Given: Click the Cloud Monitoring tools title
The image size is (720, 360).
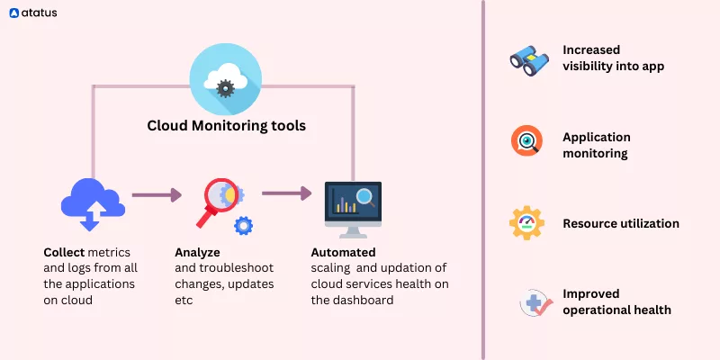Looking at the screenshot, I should click(x=226, y=126).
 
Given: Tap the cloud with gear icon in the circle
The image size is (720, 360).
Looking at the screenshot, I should click(x=226, y=80).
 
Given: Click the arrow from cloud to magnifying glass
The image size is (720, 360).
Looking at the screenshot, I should click(x=157, y=193).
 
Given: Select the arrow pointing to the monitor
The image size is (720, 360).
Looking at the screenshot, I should click(x=287, y=193).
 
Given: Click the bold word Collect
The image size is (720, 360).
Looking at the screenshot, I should click(x=63, y=253).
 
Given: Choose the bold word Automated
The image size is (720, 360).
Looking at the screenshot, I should click(x=343, y=253).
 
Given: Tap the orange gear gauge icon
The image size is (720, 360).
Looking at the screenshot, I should click(x=526, y=222).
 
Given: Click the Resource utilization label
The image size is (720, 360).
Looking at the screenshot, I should click(x=620, y=223).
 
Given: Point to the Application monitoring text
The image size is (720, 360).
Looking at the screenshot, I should click(x=596, y=145).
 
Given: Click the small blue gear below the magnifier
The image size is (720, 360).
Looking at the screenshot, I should click(x=243, y=225).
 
